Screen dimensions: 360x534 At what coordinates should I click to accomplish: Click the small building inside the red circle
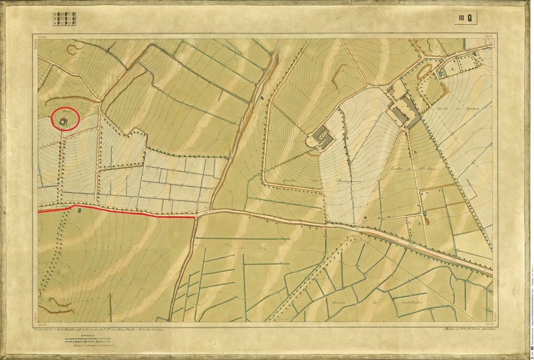pos(63,122)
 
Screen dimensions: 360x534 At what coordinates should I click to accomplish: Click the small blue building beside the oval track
pos(440,73)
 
